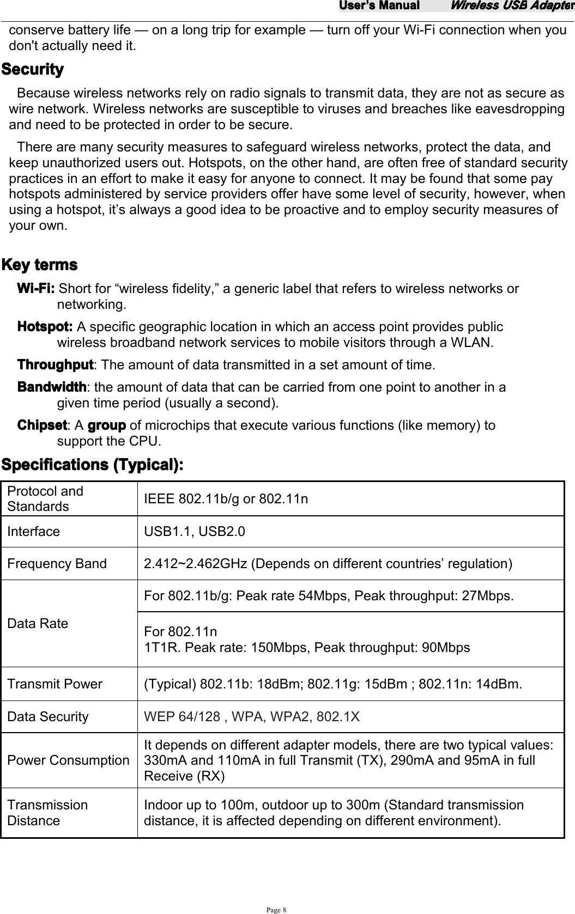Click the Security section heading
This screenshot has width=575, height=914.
(33, 70)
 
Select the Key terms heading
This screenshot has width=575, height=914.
(40, 265)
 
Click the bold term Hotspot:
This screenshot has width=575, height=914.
(45, 327)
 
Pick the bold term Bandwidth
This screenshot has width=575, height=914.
(52, 387)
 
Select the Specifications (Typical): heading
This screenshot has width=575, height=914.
(93, 466)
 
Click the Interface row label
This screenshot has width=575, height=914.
(34, 532)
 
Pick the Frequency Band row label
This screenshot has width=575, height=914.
(57, 564)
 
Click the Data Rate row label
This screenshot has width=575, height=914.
(38, 624)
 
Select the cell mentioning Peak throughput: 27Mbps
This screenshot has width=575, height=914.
(328, 595)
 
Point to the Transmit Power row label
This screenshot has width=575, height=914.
(55, 684)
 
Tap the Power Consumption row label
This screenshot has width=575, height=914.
(68, 760)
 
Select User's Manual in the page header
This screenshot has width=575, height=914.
(379, 6)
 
